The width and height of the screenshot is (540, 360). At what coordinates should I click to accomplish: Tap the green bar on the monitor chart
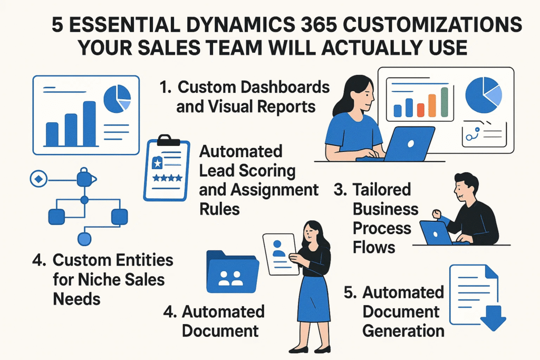click(444, 102)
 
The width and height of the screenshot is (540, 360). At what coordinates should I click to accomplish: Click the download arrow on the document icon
click(493, 316)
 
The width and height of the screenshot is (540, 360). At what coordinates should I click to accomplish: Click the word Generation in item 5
click(403, 330)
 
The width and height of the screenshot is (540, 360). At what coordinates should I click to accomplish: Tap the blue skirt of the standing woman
click(314, 303)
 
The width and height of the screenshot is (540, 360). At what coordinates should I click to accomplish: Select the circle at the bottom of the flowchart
click(84, 239)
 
